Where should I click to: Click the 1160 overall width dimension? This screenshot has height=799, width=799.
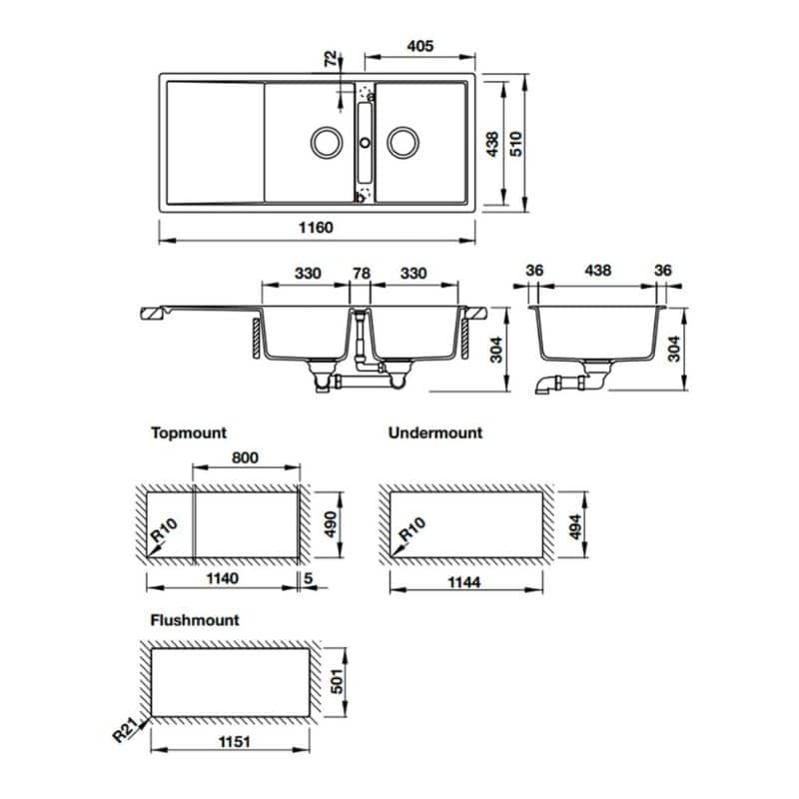coord(319,228)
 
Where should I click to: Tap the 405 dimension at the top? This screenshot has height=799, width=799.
coord(419,45)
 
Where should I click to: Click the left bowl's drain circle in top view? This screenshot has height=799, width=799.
coord(326,143)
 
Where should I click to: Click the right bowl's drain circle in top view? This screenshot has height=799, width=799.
coord(403,143)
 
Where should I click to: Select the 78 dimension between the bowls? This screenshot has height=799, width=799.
coord(363,271)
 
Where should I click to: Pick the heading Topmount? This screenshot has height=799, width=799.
coord(189,433)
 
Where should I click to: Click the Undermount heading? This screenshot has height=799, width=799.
coord(434,433)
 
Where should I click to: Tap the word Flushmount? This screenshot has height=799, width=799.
coord(195,620)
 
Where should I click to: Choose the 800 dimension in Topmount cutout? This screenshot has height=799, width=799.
coord(246,457)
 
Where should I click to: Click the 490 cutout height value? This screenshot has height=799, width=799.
coord(325,522)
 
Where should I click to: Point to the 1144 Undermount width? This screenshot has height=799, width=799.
coord(465,584)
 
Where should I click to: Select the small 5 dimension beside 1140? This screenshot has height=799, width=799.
coord(313,576)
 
